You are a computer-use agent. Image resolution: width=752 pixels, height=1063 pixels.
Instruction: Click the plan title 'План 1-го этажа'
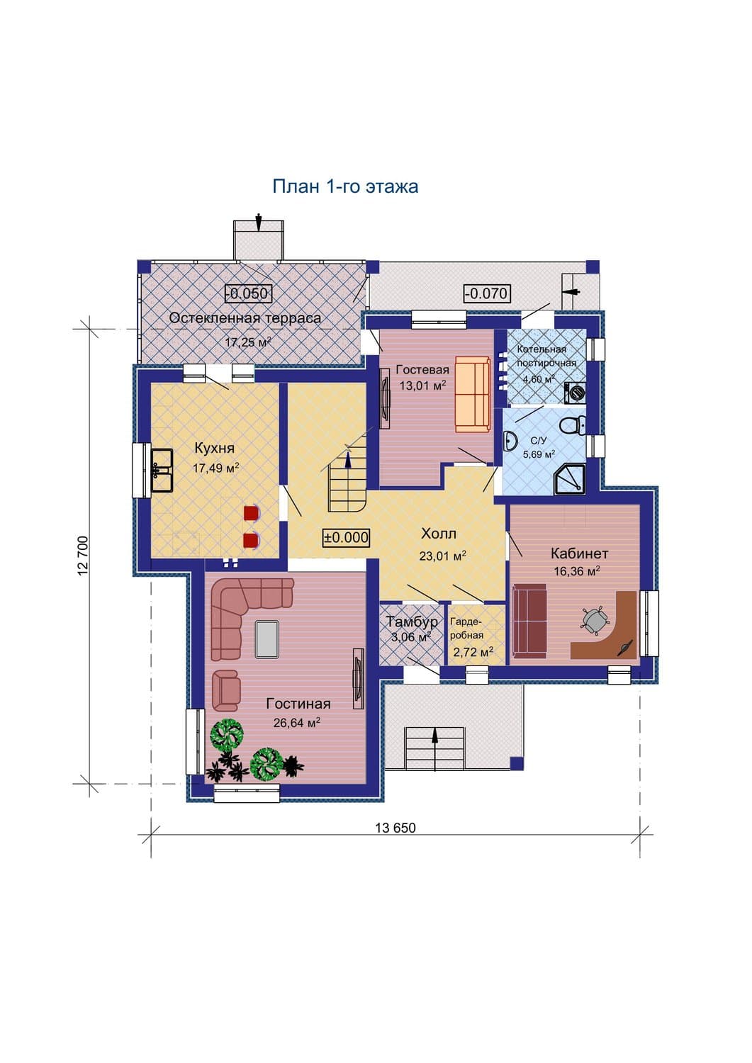point(345,186)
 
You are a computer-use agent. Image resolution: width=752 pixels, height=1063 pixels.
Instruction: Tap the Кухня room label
point(215,448)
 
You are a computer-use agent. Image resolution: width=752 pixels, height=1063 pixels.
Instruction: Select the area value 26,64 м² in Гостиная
point(297,722)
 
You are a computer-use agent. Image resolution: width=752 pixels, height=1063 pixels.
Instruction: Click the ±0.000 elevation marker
point(346,537)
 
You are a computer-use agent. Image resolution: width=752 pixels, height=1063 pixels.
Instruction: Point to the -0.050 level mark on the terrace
point(247,293)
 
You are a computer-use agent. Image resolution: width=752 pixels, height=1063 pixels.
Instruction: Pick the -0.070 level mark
point(487,293)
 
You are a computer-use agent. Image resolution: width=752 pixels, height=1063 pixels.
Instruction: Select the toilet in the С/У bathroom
point(573,424)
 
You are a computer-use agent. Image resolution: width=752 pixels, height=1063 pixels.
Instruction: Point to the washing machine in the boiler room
point(575,393)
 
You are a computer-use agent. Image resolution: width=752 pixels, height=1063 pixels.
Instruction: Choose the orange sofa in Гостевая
point(472,395)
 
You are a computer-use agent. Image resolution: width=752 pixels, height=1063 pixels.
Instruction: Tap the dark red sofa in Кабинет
point(530,621)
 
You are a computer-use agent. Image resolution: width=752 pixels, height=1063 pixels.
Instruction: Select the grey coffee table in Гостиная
point(266,639)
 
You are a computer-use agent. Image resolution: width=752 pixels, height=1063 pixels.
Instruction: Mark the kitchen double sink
point(162,471)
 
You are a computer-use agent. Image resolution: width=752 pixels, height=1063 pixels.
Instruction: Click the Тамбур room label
point(411,622)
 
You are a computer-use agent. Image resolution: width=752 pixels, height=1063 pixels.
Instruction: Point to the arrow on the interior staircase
point(348,460)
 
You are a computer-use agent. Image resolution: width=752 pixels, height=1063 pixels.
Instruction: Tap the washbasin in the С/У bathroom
point(511,441)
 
